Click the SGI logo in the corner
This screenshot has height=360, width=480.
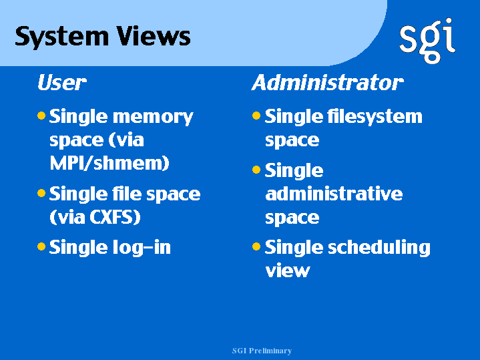(427, 41)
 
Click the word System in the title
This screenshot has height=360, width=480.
(62, 37)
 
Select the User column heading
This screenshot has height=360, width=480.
(62, 83)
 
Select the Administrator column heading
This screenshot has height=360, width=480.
(328, 83)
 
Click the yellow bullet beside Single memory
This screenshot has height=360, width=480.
(41, 116)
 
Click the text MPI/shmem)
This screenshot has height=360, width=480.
(109, 163)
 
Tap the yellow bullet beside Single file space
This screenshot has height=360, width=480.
(41, 193)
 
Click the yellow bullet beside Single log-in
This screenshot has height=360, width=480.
(41, 246)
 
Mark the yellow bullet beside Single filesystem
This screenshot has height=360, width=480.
(256, 116)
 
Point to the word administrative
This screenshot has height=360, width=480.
(334, 194)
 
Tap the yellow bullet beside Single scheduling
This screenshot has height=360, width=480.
(256, 246)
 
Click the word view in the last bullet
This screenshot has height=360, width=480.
(288, 271)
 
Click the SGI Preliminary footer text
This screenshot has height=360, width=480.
(262, 351)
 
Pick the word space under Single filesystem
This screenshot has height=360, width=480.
(292, 141)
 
